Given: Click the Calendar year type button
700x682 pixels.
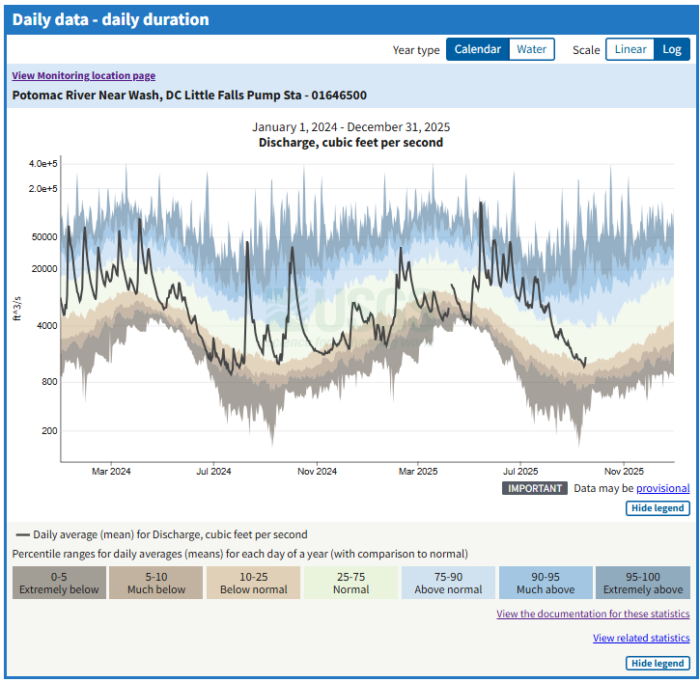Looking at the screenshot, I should (x=477, y=50).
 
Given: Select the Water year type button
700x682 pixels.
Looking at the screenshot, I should (x=531, y=50).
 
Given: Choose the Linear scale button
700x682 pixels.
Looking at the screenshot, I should (x=630, y=50).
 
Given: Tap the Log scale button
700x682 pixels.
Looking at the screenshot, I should (x=671, y=50).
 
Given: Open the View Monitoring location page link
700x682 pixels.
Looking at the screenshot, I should (x=83, y=76).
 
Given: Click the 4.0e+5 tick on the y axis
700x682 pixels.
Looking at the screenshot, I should (x=43, y=163).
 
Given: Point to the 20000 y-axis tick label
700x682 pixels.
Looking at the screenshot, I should (x=44, y=269).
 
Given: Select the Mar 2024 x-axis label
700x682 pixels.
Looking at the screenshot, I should (x=111, y=472).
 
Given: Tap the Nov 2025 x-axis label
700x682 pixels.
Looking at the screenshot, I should (x=624, y=472).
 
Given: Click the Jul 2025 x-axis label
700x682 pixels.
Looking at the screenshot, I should (x=520, y=472).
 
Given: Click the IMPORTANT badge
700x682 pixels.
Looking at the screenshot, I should (x=534, y=488).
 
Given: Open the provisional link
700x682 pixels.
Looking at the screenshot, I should (x=662, y=488).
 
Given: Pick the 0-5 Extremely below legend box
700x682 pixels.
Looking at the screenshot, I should (x=59, y=583).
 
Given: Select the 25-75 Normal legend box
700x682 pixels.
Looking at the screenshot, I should (x=350, y=583).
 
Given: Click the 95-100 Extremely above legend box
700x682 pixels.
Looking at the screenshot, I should (x=642, y=583).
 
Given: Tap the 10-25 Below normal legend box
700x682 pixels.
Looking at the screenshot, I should (x=254, y=583).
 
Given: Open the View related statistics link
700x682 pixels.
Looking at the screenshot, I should (x=641, y=639).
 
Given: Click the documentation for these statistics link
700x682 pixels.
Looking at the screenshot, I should (x=593, y=614).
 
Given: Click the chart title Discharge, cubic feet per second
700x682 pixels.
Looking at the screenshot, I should (x=350, y=143).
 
